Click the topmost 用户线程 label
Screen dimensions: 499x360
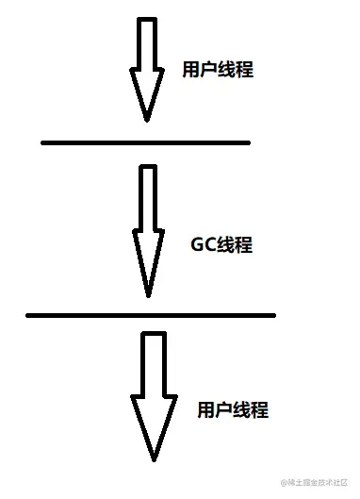pyautogui.click(x=218, y=70)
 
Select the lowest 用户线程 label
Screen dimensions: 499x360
pyautogui.click(x=233, y=410)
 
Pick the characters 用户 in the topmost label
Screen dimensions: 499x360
pyautogui.click(x=200, y=70)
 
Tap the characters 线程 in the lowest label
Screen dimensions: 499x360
pyautogui.click(x=251, y=410)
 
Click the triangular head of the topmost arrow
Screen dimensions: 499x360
pyautogui.click(x=146, y=94)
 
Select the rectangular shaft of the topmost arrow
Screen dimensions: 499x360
pyautogui.click(x=146, y=45)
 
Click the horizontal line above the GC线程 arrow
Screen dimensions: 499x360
pyautogui.click(x=146, y=142)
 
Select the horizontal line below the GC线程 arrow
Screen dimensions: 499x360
pyautogui.click(x=151, y=314)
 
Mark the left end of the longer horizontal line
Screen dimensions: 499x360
pyautogui.click(x=29, y=314)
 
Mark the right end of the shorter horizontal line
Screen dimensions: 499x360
pyautogui.click(x=248, y=142)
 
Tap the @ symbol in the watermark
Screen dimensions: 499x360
pyautogui.click(x=284, y=484)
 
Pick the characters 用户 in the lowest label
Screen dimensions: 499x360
pyautogui.click(x=215, y=410)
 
